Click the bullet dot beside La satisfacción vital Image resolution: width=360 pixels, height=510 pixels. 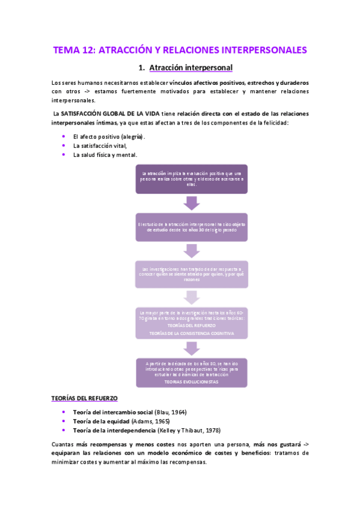click(x=64, y=146)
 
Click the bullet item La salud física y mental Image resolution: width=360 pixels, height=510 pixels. click(x=105, y=155)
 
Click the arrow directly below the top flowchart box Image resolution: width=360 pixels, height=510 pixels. click(x=191, y=203)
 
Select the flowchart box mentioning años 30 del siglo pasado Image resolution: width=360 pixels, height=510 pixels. click(x=191, y=227)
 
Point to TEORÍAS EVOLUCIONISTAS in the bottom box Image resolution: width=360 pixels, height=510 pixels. click(x=191, y=381)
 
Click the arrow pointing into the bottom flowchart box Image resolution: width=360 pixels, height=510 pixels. click(x=191, y=348)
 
